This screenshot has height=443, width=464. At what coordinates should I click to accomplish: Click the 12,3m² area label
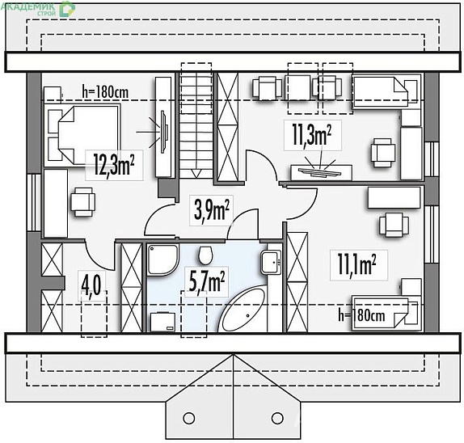[114, 165]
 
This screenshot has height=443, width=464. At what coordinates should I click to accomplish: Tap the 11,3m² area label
[311, 134]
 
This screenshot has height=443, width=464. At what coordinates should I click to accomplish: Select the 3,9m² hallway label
[211, 209]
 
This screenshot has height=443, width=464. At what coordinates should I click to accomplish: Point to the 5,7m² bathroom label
[206, 281]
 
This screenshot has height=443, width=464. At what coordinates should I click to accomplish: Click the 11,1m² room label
[356, 265]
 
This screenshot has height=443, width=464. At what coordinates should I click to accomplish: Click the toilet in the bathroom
[205, 255]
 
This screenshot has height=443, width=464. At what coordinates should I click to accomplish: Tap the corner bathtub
[243, 310]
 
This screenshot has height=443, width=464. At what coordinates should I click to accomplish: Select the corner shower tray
[163, 259]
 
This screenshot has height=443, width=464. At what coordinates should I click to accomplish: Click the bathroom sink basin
[271, 263]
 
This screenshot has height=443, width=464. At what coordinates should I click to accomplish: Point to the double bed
[82, 135]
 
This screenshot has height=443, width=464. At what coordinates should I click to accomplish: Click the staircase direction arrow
[196, 174]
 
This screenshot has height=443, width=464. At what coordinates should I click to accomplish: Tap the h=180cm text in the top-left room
[105, 92]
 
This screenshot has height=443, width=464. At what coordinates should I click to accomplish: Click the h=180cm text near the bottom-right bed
[361, 316]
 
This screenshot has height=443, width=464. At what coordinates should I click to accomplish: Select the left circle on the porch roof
[189, 418]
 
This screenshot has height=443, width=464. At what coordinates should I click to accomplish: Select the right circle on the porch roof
[277, 418]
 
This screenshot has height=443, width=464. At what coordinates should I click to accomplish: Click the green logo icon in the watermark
[66, 9]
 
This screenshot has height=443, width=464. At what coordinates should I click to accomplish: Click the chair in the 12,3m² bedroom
[82, 202]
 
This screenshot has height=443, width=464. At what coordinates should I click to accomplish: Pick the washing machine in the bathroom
[162, 322]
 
